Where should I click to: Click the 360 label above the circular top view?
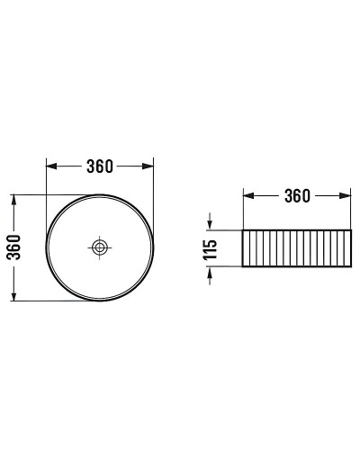(x=99, y=166)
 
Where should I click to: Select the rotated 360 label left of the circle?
(x=13, y=246)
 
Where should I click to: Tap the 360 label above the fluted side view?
(x=297, y=195)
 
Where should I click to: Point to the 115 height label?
(x=211, y=249)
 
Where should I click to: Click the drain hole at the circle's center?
(x=100, y=246)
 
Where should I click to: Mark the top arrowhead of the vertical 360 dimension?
(x=13, y=199)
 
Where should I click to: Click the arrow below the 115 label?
(x=211, y=274)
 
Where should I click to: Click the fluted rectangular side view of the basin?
(x=297, y=249)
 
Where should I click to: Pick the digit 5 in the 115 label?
(x=211, y=241)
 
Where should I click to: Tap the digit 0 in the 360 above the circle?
(x=109, y=166)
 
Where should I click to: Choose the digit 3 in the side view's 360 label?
(x=287, y=195)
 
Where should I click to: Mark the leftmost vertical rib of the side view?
(x=249, y=249)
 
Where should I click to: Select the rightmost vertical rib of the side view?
(x=345, y=249)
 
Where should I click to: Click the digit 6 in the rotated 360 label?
(x=13, y=246)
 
